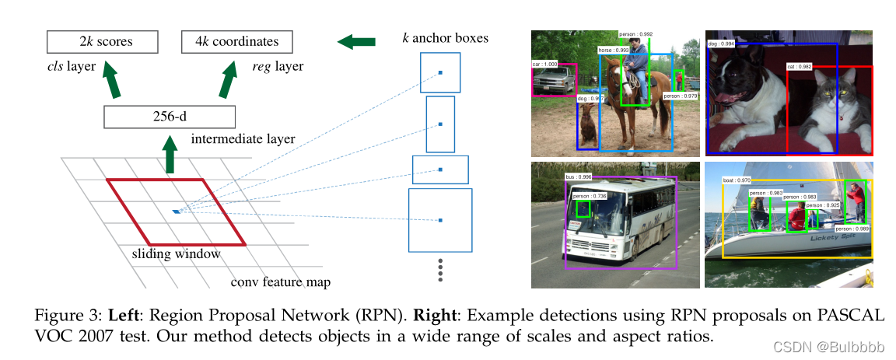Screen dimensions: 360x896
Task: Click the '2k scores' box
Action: click(x=102, y=41)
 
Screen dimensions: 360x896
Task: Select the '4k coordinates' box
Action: click(x=236, y=41)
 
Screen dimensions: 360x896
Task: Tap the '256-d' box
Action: click(x=169, y=117)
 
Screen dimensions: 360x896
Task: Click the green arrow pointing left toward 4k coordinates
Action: click(x=356, y=40)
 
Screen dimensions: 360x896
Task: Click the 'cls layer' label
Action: click(x=72, y=67)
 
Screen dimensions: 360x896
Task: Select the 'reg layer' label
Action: click(x=278, y=67)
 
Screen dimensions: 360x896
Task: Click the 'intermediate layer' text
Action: click(x=243, y=139)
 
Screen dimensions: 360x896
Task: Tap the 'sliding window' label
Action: click(x=176, y=253)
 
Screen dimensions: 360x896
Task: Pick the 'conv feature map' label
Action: click(x=281, y=282)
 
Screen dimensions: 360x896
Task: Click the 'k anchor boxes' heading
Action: click(x=445, y=37)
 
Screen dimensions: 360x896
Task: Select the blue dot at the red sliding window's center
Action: click(x=177, y=211)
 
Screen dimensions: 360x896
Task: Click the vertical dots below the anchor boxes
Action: click(x=440, y=269)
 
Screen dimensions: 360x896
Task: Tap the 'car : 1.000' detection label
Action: click(x=545, y=64)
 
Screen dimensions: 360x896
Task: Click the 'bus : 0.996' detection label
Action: click(x=579, y=177)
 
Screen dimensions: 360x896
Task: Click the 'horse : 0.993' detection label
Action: click(x=614, y=50)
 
